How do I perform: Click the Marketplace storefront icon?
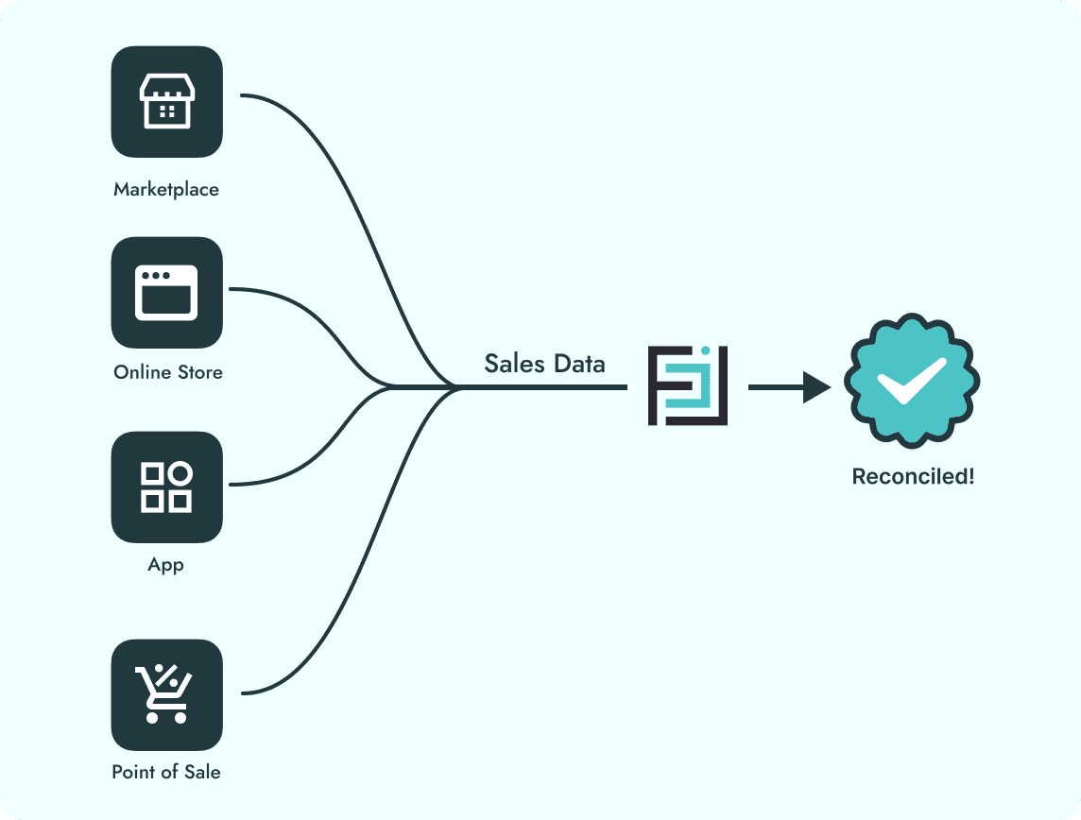(166, 102)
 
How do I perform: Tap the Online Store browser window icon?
(166, 293)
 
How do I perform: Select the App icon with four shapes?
(166, 487)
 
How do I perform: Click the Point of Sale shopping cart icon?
(166, 694)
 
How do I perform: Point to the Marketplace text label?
(166, 189)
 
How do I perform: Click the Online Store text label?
(168, 372)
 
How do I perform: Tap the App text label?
(166, 565)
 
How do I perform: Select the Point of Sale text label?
(166, 772)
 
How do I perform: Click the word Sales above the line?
(513, 364)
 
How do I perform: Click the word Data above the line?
(578, 364)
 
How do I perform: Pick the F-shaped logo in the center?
(687, 386)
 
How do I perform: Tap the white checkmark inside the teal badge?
(911, 381)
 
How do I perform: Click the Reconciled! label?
(913, 476)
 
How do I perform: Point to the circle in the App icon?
(180, 473)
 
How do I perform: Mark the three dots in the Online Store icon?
(155, 276)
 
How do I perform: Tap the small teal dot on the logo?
(705, 351)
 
